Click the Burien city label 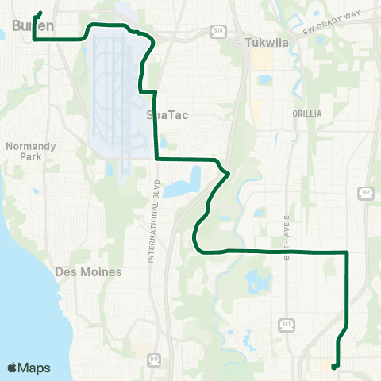pos(33,26)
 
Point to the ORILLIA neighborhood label pos(306,114)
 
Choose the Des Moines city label pos(89,271)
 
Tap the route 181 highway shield pos(286,324)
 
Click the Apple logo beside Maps pos(13,368)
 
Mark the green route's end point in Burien pos(40,13)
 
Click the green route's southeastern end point pos(334,367)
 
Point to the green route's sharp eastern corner pos(347,252)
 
